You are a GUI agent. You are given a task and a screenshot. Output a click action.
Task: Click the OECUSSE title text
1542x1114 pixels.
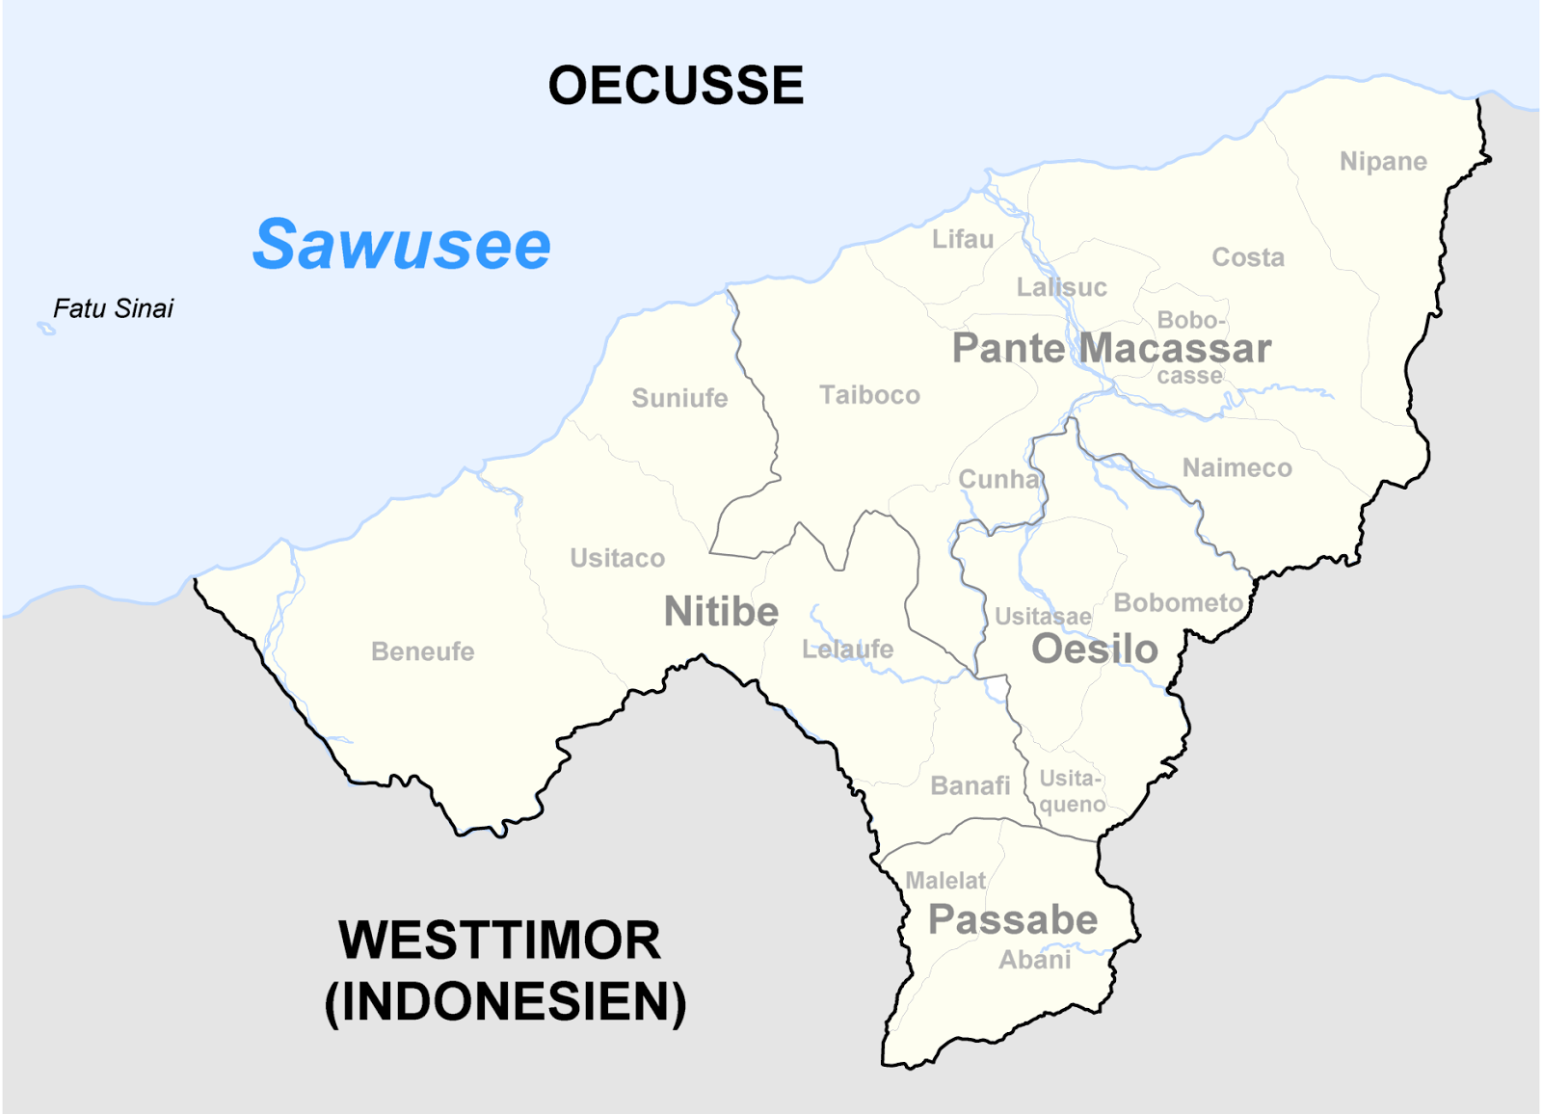(676, 86)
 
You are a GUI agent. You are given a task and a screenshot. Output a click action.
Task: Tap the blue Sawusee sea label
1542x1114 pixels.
(402, 245)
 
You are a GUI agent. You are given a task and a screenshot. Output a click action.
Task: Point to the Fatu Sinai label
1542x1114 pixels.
(113, 308)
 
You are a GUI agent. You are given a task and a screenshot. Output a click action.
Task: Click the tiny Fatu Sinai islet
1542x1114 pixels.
(46, 329)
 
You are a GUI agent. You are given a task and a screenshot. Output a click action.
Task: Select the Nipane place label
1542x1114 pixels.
(1383, 161)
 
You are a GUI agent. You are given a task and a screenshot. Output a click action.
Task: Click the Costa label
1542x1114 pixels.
(1248, 257)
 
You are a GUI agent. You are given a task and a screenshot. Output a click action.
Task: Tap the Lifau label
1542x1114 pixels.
(962, 239)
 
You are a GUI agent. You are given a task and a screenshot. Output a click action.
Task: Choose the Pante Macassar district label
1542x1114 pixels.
(1111, 348)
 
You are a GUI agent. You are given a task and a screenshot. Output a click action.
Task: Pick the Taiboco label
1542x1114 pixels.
(869, 395)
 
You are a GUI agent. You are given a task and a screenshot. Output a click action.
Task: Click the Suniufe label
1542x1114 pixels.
(679, 398)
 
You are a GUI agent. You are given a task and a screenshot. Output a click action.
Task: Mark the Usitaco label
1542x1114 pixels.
(617, 558)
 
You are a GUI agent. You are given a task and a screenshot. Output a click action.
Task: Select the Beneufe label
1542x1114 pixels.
(422, 651)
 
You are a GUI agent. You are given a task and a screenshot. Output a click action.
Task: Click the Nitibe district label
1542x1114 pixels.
(721, 612)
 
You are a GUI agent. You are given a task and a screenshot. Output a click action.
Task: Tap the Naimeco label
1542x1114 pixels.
(1236, 468)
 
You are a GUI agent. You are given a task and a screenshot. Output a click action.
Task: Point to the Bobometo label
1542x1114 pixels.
(1178, 603)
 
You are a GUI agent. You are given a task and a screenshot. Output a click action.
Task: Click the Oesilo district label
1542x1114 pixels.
(1095, 650)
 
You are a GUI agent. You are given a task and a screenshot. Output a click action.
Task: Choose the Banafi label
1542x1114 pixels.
(970, 786)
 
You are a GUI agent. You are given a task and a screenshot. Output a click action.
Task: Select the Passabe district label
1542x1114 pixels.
(1012, 920)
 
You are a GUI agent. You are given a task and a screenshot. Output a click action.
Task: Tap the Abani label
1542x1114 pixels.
(1034, 960)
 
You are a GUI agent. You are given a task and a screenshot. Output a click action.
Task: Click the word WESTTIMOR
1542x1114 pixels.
(499, 941)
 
